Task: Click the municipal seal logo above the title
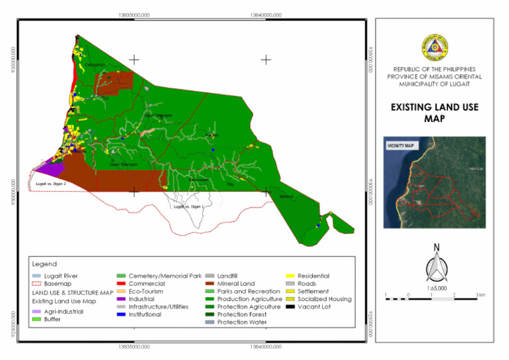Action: (434, 48)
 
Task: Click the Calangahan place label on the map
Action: (95, 64)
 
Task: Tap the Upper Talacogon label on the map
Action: (158, 115)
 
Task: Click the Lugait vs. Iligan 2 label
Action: (51, 183)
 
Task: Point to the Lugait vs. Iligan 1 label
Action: (188, 207)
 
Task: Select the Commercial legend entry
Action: (146, 283)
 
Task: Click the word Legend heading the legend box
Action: (44, 263)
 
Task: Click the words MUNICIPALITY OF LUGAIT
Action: (434, 84)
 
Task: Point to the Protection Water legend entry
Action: (242, 322)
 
